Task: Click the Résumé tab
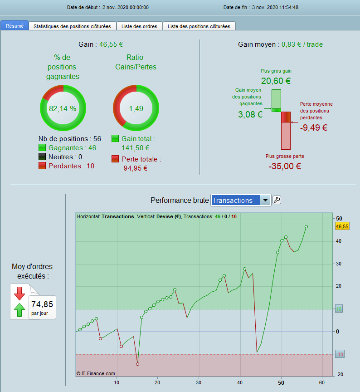(15, 26)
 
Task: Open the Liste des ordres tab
(139, 26)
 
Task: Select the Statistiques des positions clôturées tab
(73, 26)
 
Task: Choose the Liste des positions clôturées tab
(199, 26)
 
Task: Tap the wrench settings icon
(277, 200)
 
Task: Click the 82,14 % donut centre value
(63, 108)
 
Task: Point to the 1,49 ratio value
(136, 108)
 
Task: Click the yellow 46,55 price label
(342, 226)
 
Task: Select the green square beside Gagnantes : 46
(43, 147)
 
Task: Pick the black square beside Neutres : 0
(43, 157)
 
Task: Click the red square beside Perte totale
(116, 159)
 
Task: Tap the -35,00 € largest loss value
(285, 166)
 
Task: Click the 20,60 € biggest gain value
(276, 81)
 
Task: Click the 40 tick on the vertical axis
(339, 241)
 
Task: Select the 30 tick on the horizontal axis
(198, 382)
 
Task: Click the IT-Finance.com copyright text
(96, 373)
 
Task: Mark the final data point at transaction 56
(306, 226)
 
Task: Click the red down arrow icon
(19, 293)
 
